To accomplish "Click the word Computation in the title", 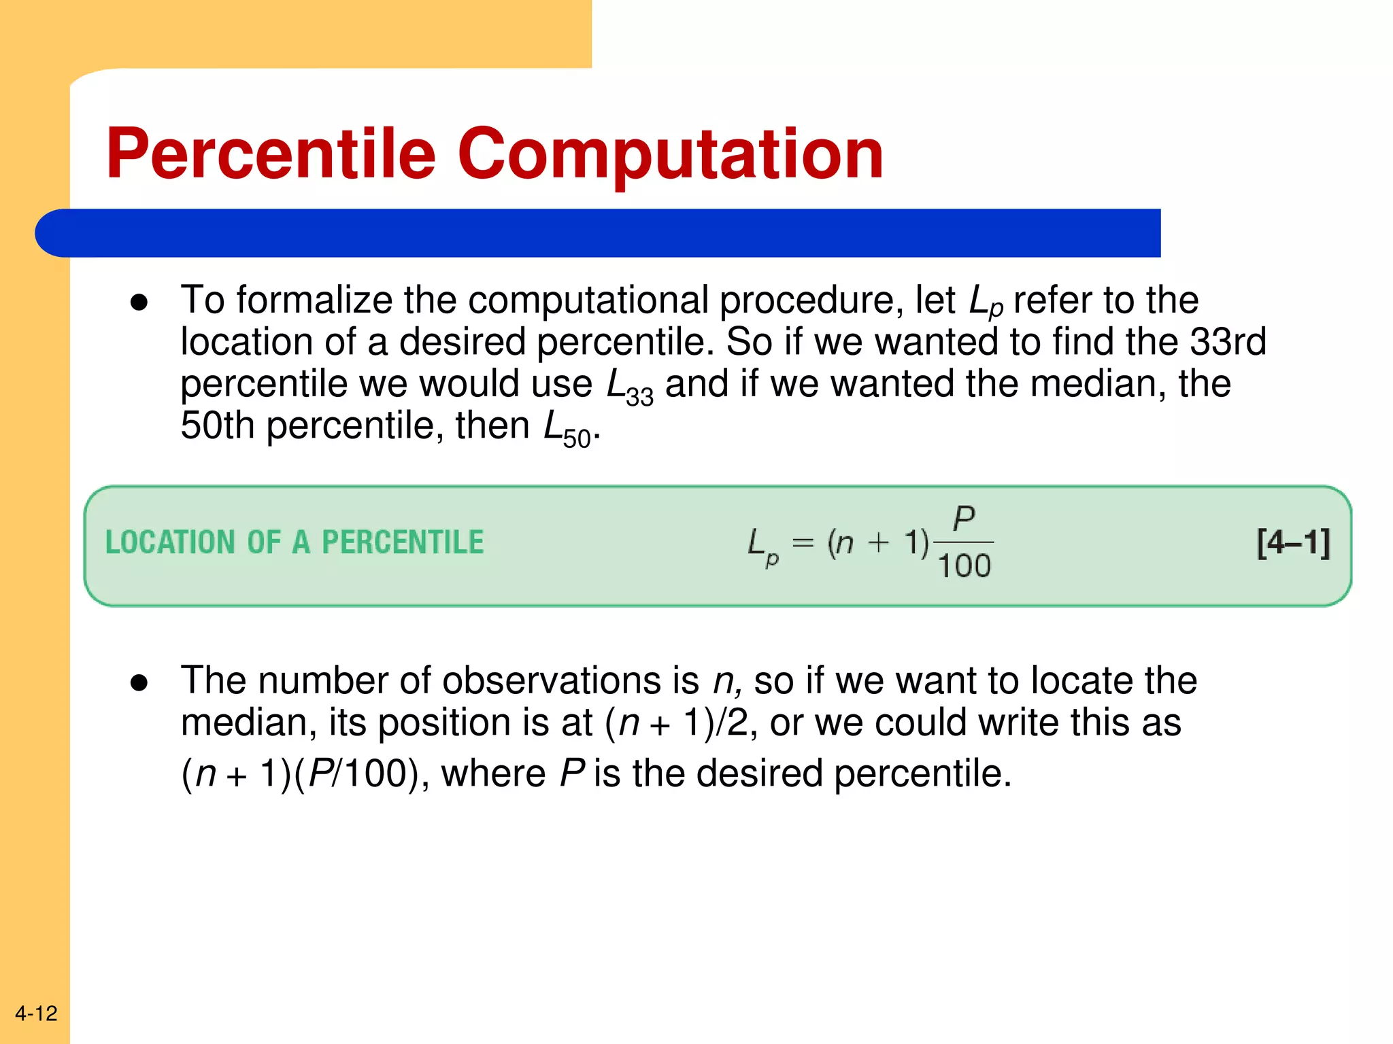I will (x=670, y=155).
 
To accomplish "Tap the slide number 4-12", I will (x=36, y=1013).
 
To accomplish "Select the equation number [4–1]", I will (x=1293, y=543).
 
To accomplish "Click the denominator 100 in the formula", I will (x=964, y=566).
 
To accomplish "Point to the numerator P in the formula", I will (x=964, y=519).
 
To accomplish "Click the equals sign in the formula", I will (x=803, y=542).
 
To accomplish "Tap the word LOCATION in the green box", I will (x=170, y=542).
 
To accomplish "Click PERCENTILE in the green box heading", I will (x=403, y=542).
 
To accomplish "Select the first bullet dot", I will (x=139, y=303).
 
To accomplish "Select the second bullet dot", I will (x=139, y=683).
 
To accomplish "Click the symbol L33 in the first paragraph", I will (x=629, y=386).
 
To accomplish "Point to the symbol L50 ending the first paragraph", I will (x=567, y=429).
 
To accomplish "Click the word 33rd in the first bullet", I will (x=1228, y=341).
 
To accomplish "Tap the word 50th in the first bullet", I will (x=217, y=425).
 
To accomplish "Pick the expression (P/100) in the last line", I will (x=356, y=773).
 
